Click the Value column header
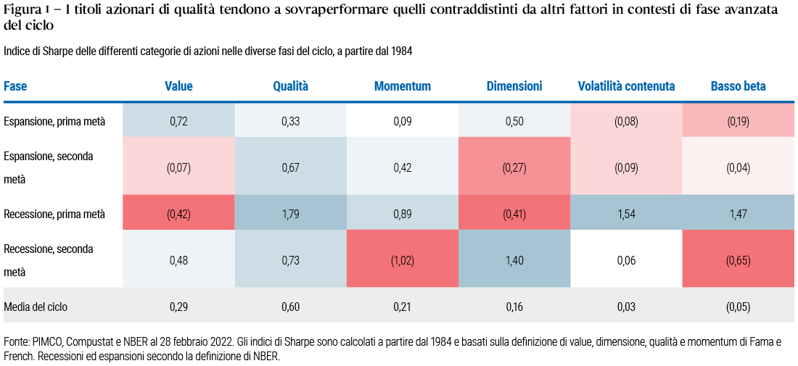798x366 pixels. [178, 86]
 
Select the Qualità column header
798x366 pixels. [290, 86]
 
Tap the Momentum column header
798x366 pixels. [402, 86]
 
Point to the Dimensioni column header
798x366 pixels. [514, 86]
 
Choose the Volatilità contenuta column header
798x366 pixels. [626, 86]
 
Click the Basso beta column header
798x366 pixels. [738, 86]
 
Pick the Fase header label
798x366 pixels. [15, 86]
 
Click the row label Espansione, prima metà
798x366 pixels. [54, 122]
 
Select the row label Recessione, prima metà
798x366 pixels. [54, 214]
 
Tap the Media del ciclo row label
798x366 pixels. [36, 307]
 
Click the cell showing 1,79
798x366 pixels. [290, 214]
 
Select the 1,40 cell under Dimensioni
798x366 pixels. [514, 260]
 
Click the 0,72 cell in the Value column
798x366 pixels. [178, 122]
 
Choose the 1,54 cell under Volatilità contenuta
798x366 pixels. [626, 214]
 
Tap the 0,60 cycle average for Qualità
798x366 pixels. [290, 307]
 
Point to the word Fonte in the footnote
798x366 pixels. [17, 341]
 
